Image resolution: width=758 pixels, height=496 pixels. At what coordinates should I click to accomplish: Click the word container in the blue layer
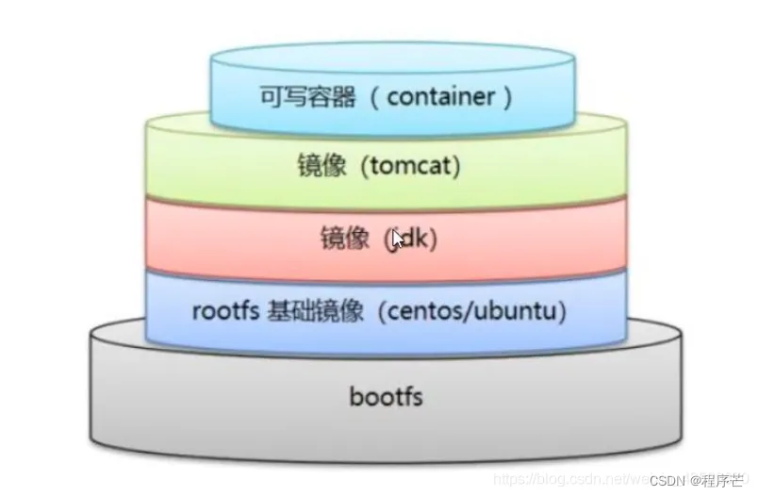coord(439,97)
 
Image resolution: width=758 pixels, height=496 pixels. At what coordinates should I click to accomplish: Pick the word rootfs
coord(226,312)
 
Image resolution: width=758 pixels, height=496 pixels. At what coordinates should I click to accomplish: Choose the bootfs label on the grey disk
coord(386,396)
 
